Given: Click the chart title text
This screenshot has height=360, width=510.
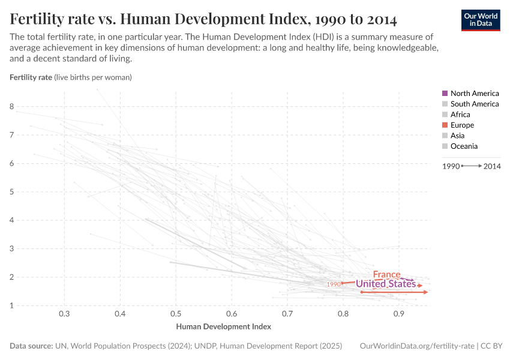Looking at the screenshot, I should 203,19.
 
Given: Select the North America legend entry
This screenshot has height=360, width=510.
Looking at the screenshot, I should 474,94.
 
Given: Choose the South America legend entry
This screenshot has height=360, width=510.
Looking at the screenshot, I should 474,104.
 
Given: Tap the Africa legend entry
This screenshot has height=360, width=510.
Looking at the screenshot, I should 460,115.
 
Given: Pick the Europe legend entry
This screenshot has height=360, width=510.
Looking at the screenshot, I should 462,125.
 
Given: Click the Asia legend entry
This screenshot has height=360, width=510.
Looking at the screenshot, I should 457,136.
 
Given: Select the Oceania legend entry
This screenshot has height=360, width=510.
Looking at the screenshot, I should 464,146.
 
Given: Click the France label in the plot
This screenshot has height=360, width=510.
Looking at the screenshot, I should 386,274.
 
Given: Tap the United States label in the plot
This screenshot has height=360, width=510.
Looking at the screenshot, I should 385,284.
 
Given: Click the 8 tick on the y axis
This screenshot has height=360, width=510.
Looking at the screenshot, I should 11,107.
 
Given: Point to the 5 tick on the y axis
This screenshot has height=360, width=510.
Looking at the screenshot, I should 11,192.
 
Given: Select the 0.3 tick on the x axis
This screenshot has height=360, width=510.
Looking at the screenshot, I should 65,314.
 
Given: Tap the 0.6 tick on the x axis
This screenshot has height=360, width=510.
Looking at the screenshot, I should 232,314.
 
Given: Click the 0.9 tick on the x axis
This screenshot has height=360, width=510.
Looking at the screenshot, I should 398,314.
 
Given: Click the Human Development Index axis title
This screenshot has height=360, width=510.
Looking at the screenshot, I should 223,327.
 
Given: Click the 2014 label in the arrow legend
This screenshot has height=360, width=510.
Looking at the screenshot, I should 492,166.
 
